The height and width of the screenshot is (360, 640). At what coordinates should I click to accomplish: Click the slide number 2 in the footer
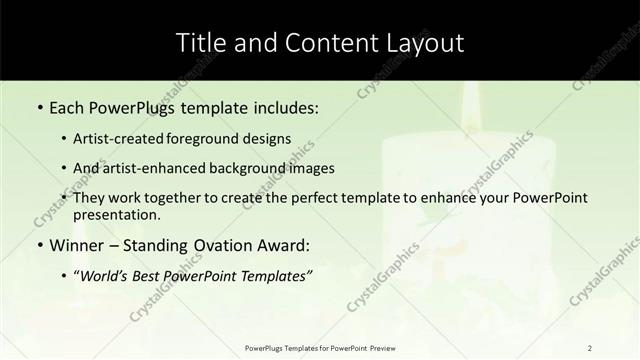[590, 347]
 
